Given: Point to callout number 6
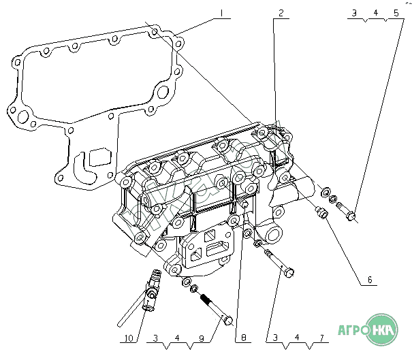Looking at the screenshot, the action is pyautogui.click(x=368, y=280).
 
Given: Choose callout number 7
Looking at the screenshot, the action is pyautogui.click(x=319, y=337).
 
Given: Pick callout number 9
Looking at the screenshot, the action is pyautogui.click(x=201, y=337).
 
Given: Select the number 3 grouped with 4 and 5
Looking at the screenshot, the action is pyautogui.click(x=353, y=13).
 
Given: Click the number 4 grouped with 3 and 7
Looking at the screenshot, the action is pyautogui.click(x=295, y=337).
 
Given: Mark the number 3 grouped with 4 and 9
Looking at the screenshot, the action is pyautogui.click(x=156, y=337).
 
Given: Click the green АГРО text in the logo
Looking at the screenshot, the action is pyautogui.click(x=355, y=333).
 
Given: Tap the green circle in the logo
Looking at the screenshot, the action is pyautogui.click(x=386, y=331).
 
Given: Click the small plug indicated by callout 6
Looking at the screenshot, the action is pyautogui.click(x=323, y=214).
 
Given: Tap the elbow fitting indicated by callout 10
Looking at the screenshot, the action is pyautogui.click(x=151, y=293).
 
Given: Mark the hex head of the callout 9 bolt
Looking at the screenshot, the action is pyautogui.click(x=228, y=319).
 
